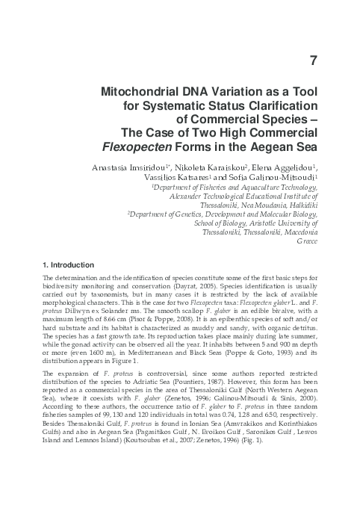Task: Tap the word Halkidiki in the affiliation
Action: [301, 201]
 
